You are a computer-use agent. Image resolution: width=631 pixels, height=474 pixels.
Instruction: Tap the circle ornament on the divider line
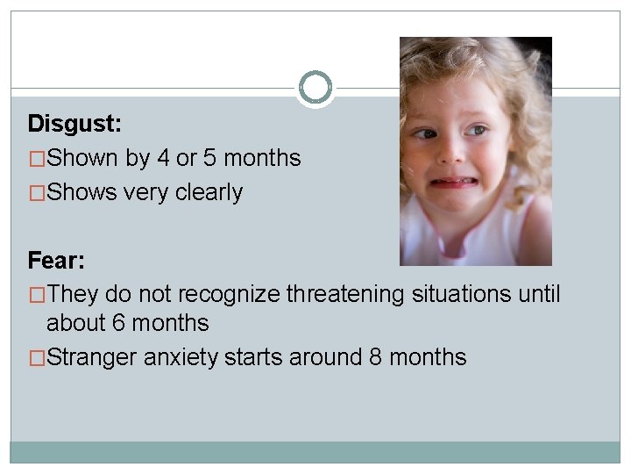click(315, 88)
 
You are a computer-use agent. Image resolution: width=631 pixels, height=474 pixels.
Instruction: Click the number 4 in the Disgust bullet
click(163, 159)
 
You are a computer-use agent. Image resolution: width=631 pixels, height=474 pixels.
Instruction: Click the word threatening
click(344, 294)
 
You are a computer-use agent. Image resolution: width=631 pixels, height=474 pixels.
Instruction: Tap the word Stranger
click(92, 358)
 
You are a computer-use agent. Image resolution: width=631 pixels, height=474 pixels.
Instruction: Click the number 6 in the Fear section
click(119, 323)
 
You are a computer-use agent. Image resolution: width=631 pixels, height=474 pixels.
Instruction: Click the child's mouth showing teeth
click(452, 184)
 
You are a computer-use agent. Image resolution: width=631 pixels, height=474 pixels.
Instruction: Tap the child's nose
click(449, 156)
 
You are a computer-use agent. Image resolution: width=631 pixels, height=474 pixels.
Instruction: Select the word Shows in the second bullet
click(81, 192)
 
